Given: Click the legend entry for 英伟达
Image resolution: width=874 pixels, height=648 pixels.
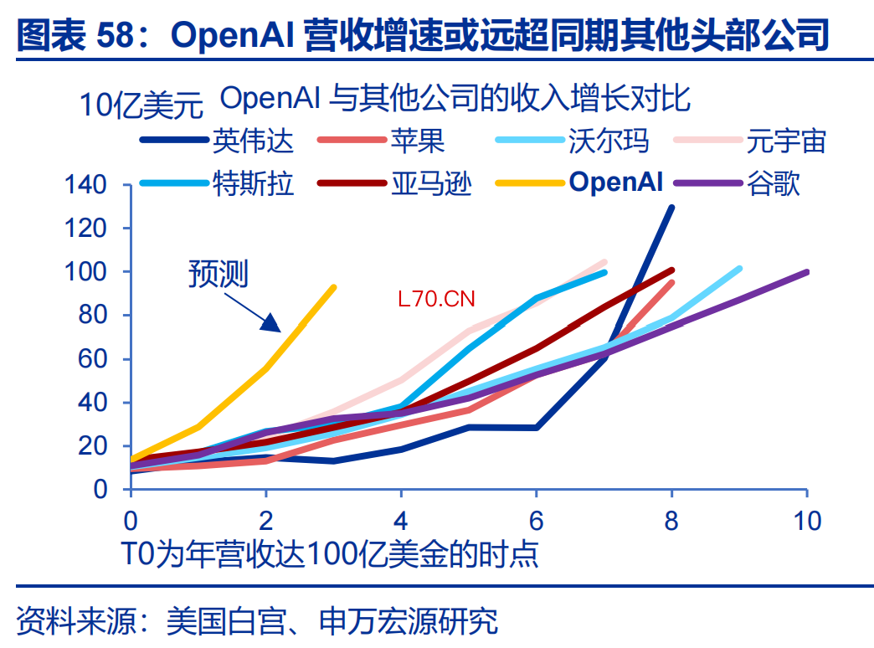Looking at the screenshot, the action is coord(216,141).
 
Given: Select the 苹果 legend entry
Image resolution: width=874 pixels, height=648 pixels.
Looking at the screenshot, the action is coord(381,141).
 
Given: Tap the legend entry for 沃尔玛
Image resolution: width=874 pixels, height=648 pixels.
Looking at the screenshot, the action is coord(572,141).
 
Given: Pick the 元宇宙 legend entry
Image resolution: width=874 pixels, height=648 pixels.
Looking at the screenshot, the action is coord(749,141).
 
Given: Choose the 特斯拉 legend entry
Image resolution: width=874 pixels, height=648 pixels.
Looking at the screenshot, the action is coord(216,183).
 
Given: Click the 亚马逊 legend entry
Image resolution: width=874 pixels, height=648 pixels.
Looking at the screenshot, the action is coord(394,183).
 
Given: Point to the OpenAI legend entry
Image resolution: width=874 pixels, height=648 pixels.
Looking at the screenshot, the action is coord(579,183).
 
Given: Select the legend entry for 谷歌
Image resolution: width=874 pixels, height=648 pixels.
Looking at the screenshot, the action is coord(737,183).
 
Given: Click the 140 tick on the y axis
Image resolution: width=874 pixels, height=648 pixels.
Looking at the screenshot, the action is coord(85,184).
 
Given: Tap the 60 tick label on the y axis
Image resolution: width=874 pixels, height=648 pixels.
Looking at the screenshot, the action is coord(92,358).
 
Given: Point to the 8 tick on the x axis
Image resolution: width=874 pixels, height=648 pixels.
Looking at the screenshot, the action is coord(671,521).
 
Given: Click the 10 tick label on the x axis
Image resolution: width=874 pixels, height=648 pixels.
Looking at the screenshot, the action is coord(807,521).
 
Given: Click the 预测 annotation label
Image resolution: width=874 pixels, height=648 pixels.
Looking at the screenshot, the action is coord(218,274).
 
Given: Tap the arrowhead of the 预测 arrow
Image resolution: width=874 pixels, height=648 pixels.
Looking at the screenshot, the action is coord(271,323).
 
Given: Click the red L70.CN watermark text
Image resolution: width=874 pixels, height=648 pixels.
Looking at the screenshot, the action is coord(436,300).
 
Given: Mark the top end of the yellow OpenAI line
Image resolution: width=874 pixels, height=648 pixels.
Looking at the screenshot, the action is coord(334,288).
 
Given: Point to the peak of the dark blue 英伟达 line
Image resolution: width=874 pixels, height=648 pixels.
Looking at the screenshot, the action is coord(671,208).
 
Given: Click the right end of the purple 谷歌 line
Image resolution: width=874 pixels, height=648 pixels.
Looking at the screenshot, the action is coord(806,272).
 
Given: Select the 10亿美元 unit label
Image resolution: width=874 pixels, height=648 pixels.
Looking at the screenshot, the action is coord(141,105).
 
